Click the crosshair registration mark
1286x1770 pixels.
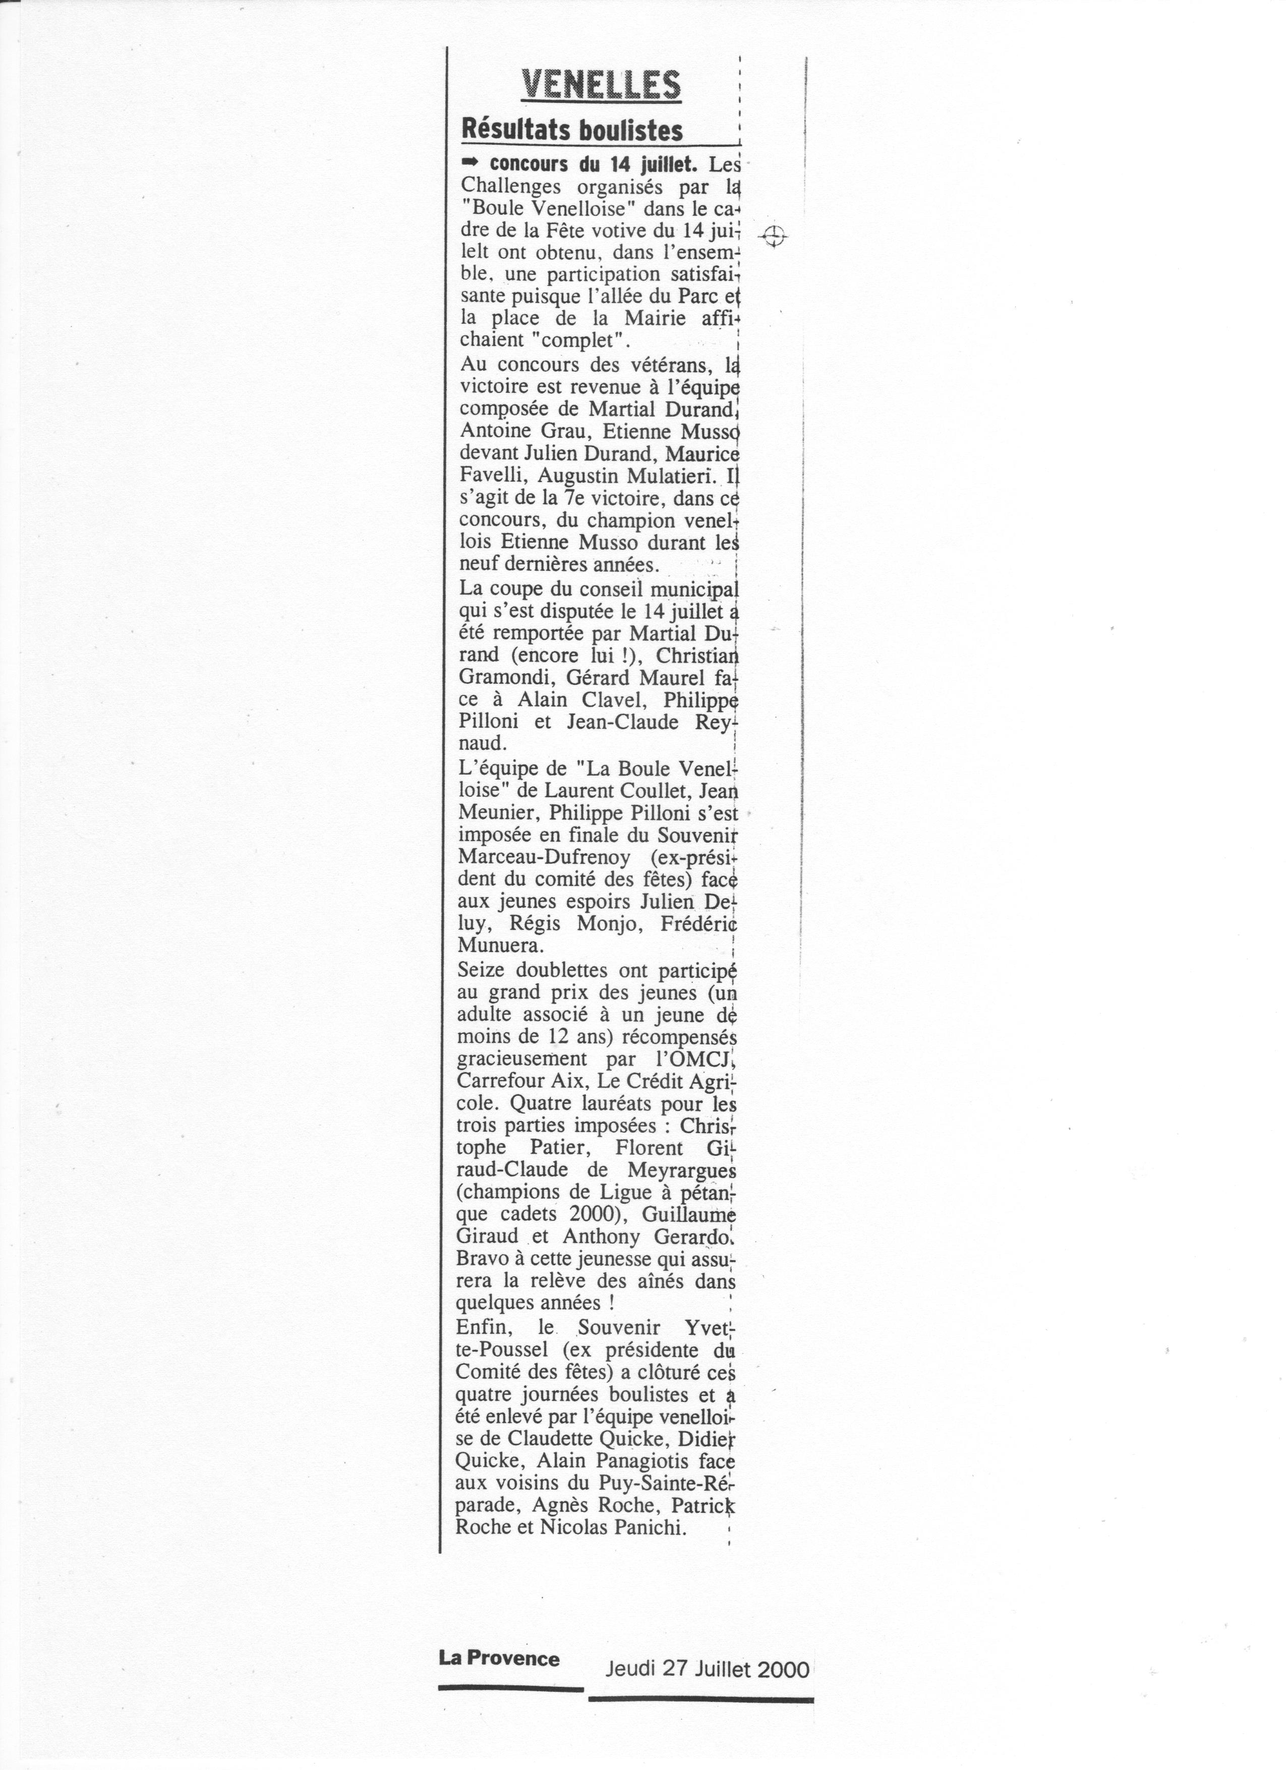click(773, 234)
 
